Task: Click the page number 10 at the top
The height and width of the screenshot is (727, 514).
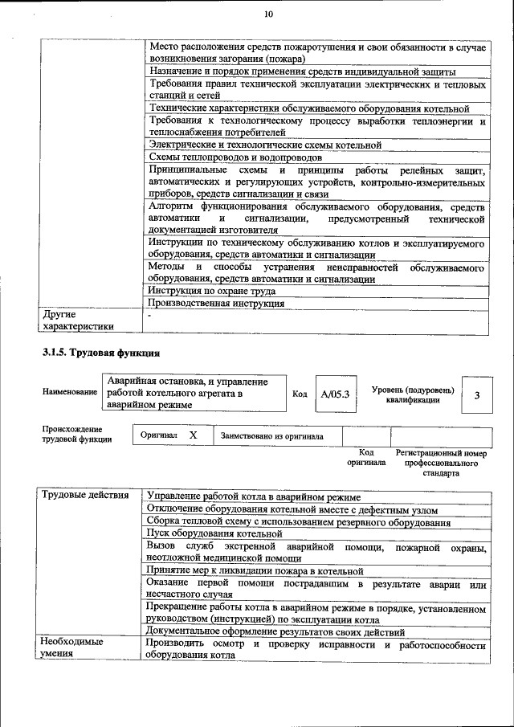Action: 267,14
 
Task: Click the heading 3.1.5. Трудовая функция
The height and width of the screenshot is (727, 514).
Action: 100,352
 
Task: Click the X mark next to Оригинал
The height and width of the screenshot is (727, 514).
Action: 193,435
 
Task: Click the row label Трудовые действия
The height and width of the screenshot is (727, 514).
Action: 84,496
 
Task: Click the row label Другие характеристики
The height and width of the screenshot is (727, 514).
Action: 78,321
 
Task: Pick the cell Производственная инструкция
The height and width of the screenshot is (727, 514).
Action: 217,304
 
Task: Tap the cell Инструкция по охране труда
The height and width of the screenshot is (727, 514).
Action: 212,292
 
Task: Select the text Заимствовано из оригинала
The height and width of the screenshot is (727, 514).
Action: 272,436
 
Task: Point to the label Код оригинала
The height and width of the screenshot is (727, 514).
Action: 365,458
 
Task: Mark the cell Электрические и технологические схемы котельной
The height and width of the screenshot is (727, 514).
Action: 265,145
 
